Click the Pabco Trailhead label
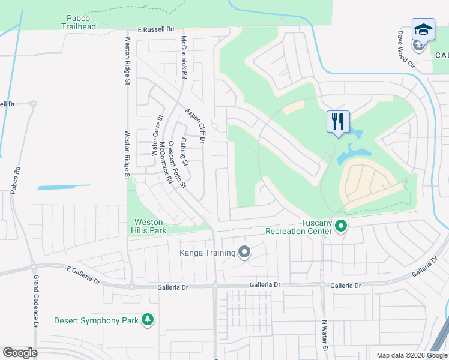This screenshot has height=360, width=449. tap(78, 22)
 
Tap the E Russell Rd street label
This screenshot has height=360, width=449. tap(155, 29)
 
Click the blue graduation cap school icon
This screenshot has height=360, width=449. tap(423, 29)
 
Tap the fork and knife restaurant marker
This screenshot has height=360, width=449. tap(338, 121)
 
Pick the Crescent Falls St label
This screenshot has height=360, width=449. tap(176, 164)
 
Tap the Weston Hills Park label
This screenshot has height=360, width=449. tap(149, 226)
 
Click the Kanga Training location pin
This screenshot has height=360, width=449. tap(244, 253)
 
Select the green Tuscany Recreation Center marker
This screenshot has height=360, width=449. tap(341, 226)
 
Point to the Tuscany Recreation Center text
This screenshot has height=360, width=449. tap(299, 226)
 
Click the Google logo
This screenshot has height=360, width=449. tap(20, 353)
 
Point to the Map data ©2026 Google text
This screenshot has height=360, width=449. tap(411, 355)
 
